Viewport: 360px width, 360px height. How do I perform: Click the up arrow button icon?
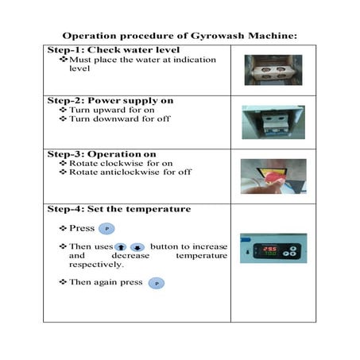tap(122, 247)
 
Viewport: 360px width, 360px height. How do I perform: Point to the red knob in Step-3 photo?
tap(273, 173)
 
